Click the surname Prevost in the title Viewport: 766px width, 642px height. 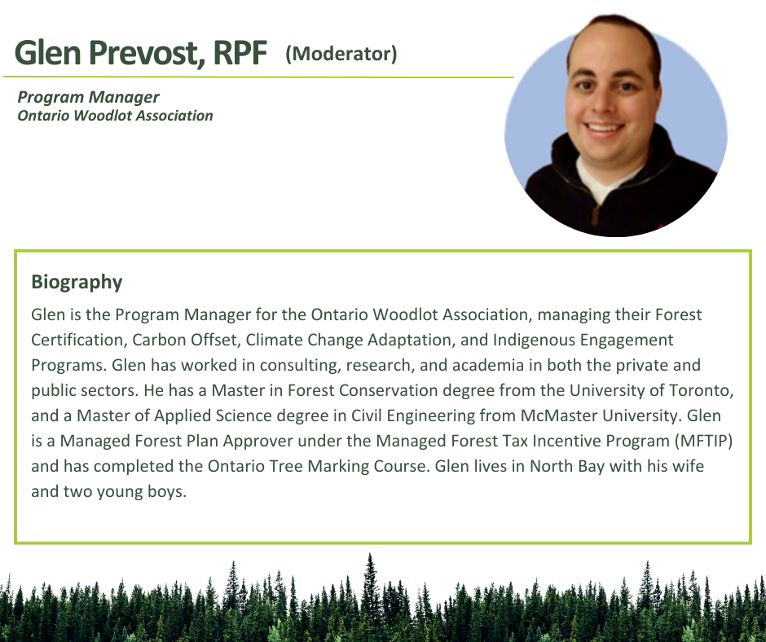pyautogui.click(x=146, y=52)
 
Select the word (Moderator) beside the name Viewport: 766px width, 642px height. pyautogui.click(x=341, y=54)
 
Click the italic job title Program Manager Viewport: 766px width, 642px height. pyautogui.click(x=89, y=97)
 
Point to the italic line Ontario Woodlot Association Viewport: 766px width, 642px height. pyautogui.click(x=115, y=116)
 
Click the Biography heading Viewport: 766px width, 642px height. pyautogui.click(x=77, y=283)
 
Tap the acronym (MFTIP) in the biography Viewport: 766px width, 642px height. pyautogui.click(x=703, y=441)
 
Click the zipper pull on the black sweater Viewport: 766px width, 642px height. pyautogui.click(x=595, y=215)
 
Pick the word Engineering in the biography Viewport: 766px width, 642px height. pyautogui.click(x=431, y=416)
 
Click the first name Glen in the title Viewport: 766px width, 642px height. pyautogui.click(x=48, y=52)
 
